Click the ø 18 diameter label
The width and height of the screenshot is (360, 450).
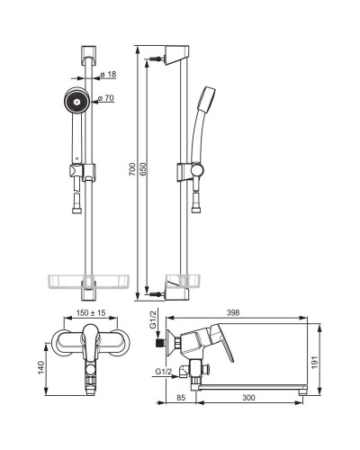[x=108, y=74]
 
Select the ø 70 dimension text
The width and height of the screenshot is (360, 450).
[x=106, y=98]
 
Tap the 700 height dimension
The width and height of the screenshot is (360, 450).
[x=132, y=169]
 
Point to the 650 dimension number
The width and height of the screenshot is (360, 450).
[x=142, y=169]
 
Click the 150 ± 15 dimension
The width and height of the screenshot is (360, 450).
[x=91, y=313]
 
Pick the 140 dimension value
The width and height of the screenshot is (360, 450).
[x=40, y=367]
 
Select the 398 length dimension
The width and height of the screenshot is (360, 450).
[x=233, y=312]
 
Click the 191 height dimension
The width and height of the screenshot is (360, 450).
[x=314, y=362]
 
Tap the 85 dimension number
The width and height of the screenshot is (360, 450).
[x=181, y=398]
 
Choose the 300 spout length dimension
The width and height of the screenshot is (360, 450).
[x=248, y=398]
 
